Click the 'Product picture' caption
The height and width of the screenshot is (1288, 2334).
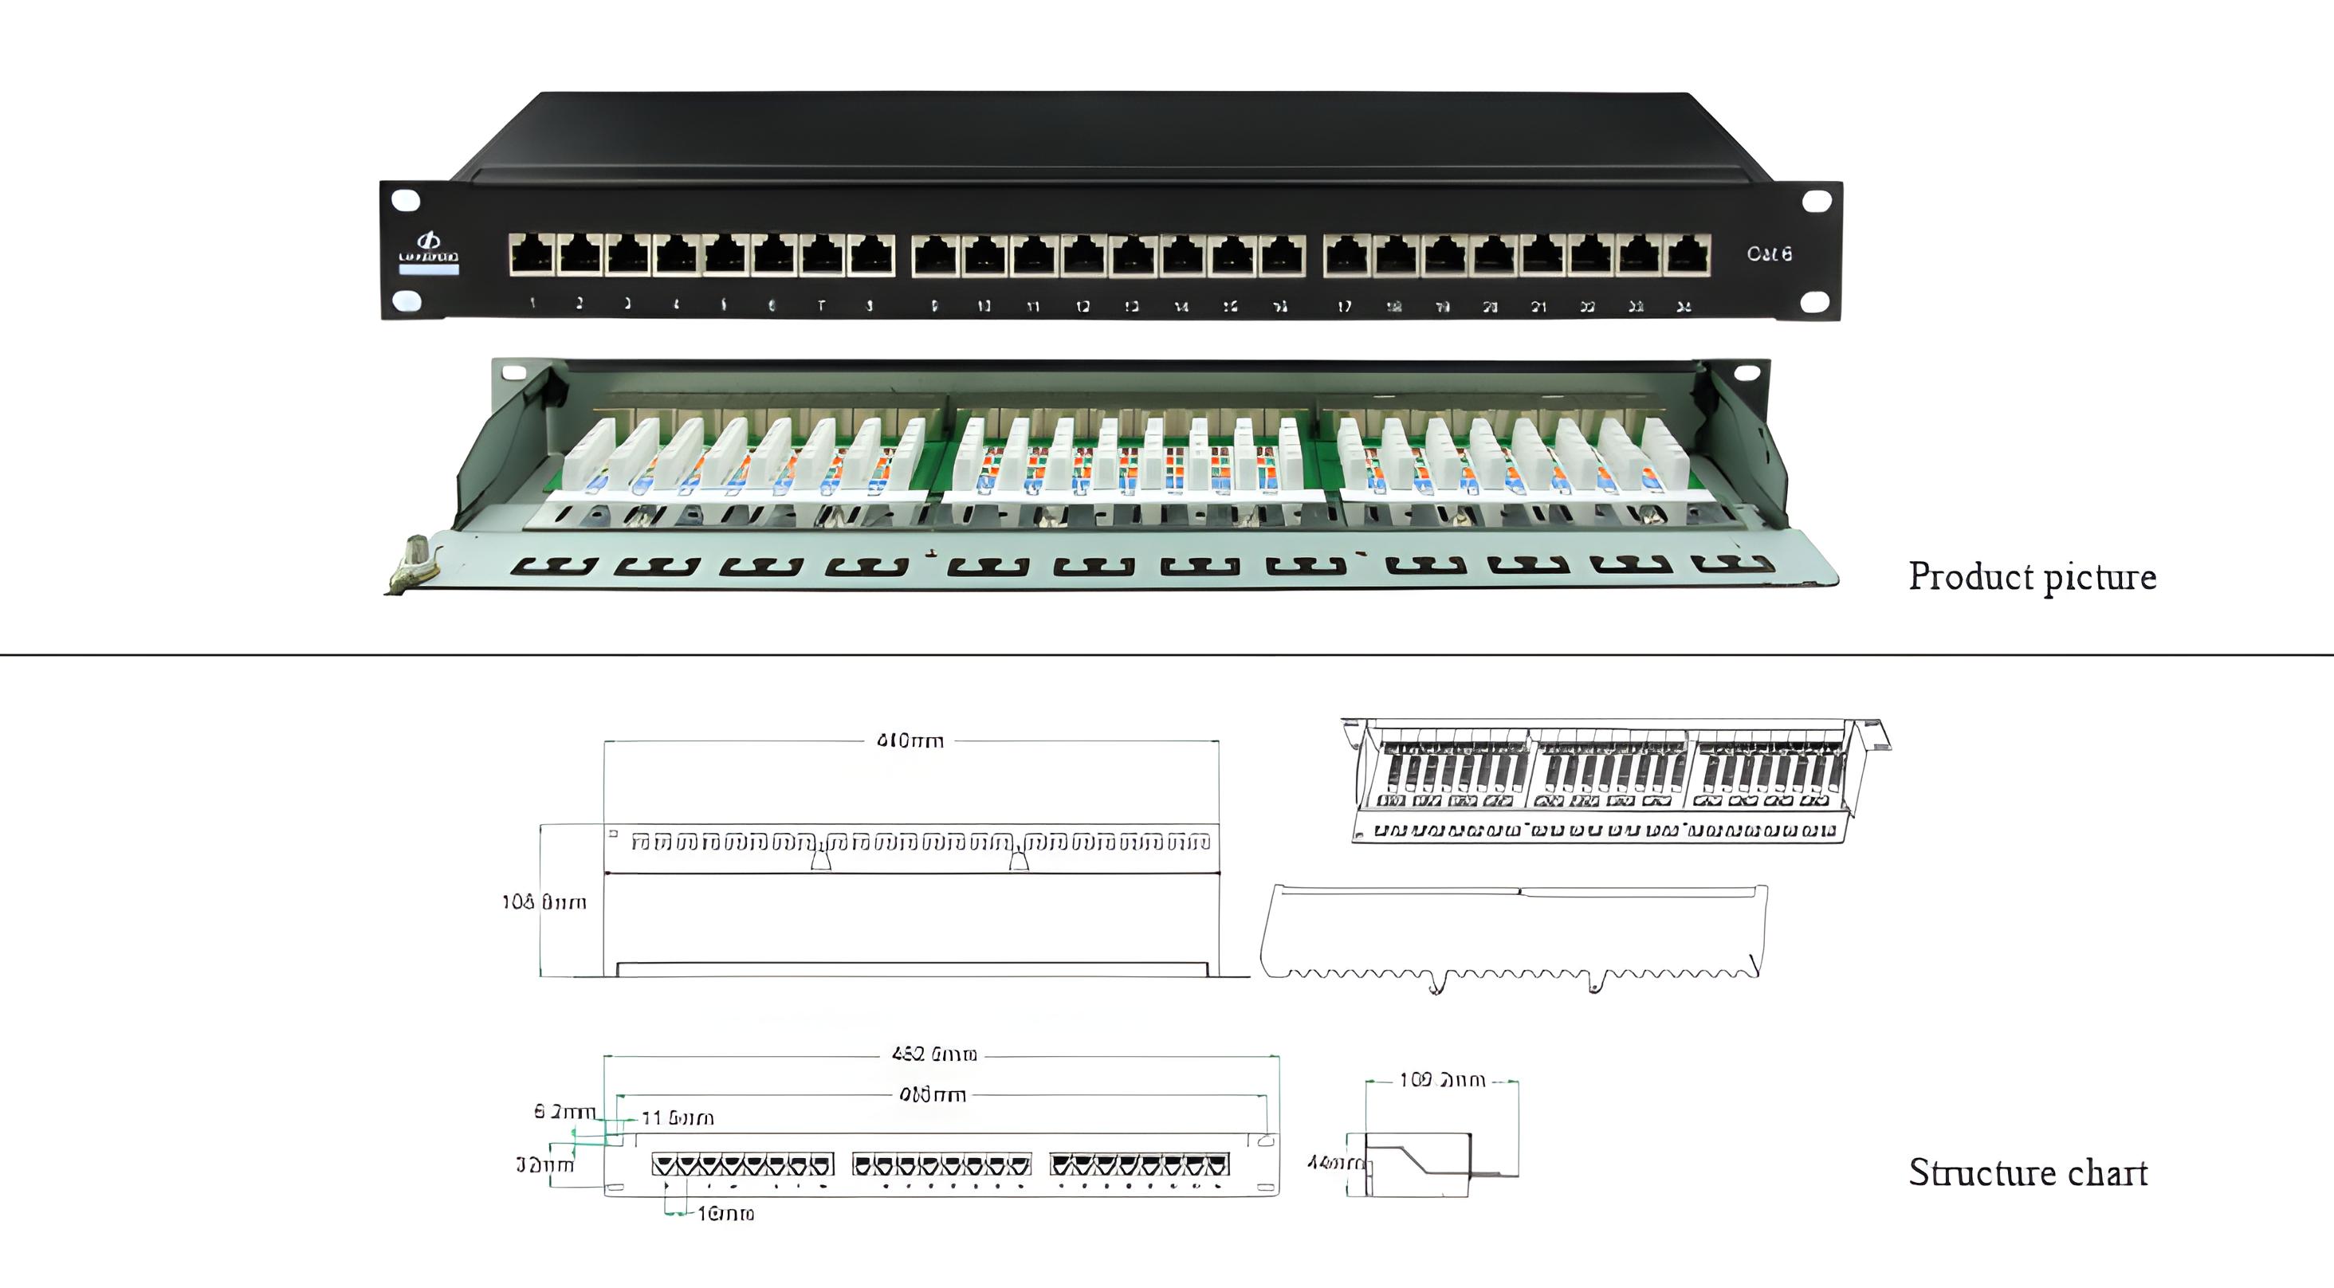pos(2031,577)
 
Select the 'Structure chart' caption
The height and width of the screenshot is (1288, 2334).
pos(2028,1172)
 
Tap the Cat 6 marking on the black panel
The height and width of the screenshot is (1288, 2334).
pos(1769,253)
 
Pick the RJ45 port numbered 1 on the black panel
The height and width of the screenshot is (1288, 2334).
pos(532,254)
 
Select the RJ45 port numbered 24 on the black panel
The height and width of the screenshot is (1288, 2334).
pos(1687,254)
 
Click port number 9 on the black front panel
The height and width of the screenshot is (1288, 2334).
pos(935,254)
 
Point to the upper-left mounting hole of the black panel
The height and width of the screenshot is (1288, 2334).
pos(406,200)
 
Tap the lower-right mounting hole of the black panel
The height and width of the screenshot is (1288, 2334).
pos(1814,301)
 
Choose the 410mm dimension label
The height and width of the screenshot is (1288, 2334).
pos(910,741)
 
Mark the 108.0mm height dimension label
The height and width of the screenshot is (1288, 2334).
pos(544,902)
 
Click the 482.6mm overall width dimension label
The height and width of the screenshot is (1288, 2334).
pos(934,1054)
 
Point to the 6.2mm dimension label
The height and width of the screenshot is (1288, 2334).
pos(564,1111)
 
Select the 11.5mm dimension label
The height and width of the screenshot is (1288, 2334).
pos(678,1118)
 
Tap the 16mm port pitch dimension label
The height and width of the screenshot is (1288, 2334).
pos(725,1214)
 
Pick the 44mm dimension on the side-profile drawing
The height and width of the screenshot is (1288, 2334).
pos(1332,1162)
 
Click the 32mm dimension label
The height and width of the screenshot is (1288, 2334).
pos(544,1164)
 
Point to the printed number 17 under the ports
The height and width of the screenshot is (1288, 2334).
pos(1345,306)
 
